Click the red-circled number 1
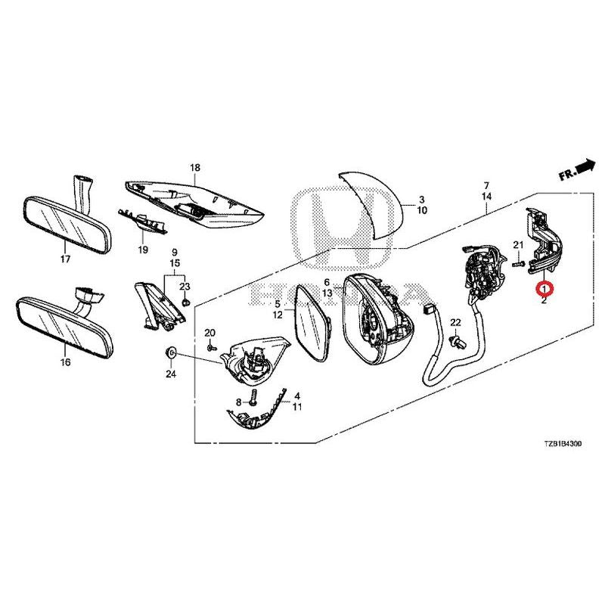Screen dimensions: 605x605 coord(544,288)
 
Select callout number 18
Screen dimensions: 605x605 coord(195,167)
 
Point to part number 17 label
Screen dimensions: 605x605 coord(65,259)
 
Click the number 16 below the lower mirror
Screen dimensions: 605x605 coord(65,362)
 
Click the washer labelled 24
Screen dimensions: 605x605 coord(171,353)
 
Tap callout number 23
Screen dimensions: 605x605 coord(184,286)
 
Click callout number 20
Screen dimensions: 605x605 coord(210,334)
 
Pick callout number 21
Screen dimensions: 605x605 coord(518,244)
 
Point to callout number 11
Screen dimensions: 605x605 coord(298,407)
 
